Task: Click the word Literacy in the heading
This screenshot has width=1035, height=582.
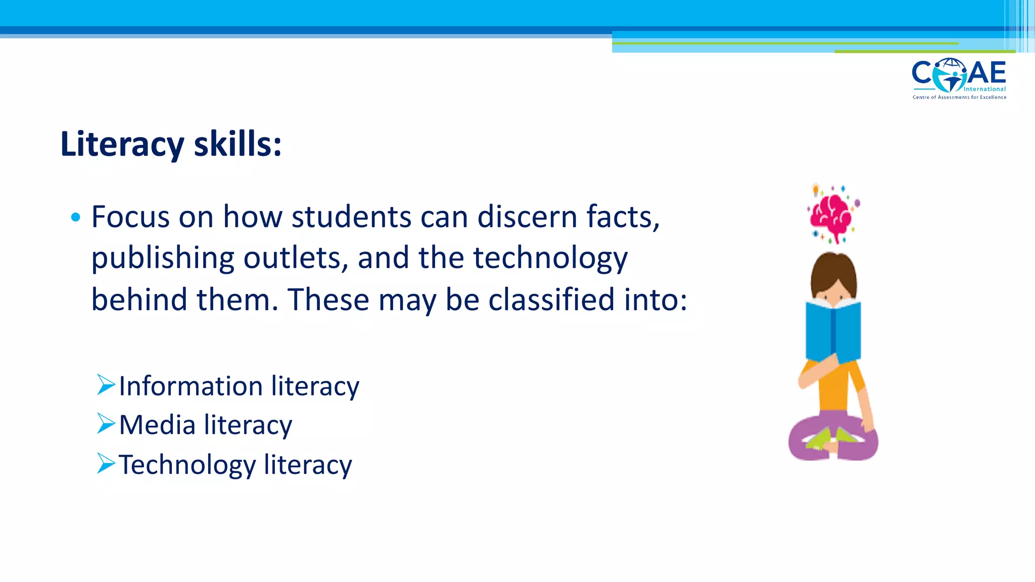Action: coord(122,144)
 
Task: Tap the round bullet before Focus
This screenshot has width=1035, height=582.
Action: coord(76,218)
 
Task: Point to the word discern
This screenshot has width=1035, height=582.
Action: coord(527,217)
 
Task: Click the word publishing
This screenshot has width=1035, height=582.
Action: coord(163,259)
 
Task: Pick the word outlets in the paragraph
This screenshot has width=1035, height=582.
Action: coord(296,258)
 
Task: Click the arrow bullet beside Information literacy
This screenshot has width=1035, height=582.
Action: coord(106,385)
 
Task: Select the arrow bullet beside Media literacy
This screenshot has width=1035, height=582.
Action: coord(106,424)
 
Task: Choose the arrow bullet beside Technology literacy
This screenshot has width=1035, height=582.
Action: coord(106,463)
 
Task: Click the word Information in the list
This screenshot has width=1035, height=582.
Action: coord(191,386)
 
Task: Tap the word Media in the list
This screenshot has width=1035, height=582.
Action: coord(157,425)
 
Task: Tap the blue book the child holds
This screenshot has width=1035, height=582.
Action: coord(833,330)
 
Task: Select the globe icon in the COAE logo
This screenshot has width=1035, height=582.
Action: coord(949,74)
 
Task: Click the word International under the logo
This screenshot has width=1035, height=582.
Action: coord(984,89)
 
